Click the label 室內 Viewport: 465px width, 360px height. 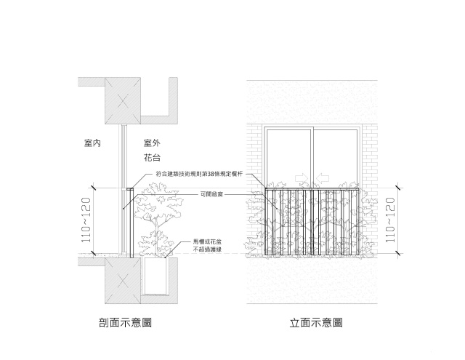coord(92,143)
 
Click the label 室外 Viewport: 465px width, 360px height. coord(152,143)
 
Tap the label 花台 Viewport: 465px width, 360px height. coord(152,158)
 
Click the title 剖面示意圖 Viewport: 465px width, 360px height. coord(125,322)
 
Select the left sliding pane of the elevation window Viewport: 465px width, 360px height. coord(289,156)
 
